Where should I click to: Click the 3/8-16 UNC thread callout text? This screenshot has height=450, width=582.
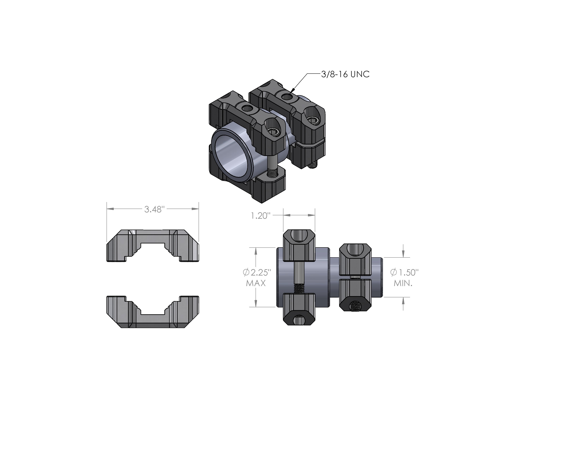pyautogui.click(x=345, y=74)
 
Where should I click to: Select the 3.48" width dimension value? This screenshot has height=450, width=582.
pyautogui.click(x=153, y=209)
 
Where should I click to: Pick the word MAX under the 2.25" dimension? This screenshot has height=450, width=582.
pyautogui.click(x=256, y=283)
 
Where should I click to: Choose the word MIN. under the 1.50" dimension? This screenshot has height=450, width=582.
pyautogui.click(x=403, y=283)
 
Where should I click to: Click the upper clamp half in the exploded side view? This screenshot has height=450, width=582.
pyautogui.click(x=153, y=245)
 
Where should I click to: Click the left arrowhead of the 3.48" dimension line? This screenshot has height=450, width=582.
pyautogui.click(x=108, y=209)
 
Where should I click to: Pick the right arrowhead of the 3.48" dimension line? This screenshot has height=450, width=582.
pyautogui.click(x=198, y=209)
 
